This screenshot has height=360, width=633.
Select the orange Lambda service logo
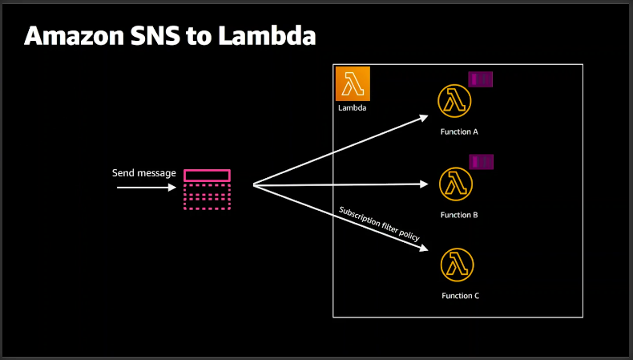pyautogui.click(x=353, y=83)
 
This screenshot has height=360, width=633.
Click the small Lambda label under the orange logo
pyautogui.click(x=352, y=107)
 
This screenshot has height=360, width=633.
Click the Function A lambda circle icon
pyautogui.click(x=454, y=101)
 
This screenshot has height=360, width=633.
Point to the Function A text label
pyautogui.click(x=459, y=131)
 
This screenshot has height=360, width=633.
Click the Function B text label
pyautogui.click(x=459, y=215)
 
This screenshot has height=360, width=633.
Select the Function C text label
pyautogui.click(x=460, y=296)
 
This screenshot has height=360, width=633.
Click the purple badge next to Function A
pyautogui.click(x=481, y=79)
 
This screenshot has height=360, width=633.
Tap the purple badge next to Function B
pyautogui.click(x=481, y=162)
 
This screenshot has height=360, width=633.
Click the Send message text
pyautogui.click(x=143, y=173)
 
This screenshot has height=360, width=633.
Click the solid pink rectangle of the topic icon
pyautogui.click(x=207, y=176)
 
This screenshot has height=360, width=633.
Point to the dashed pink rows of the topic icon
pyautogui.click(x=207, y=196)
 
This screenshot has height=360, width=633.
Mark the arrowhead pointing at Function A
pyautogui.click(x=425, y=117)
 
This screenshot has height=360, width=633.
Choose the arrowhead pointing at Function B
pyautogui.click(x=425, y=184)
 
